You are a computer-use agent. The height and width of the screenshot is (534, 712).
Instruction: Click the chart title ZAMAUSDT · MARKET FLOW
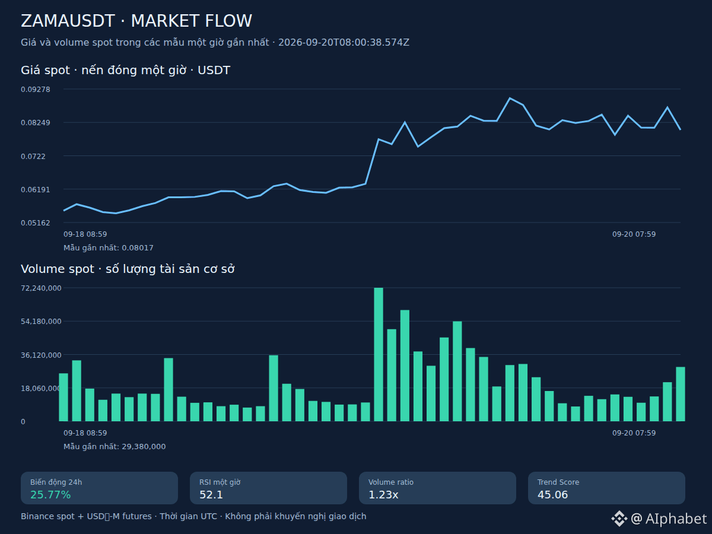click(136, 21)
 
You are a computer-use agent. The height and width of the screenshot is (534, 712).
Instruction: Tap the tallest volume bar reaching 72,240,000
click(379, 354)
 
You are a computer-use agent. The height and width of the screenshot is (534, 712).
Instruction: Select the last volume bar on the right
click(681, 394)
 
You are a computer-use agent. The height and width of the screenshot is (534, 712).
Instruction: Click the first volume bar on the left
click(63, 397)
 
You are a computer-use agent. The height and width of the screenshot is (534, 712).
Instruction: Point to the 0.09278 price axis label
click(36, 90)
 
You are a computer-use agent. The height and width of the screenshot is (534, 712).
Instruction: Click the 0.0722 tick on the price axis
click(33, 156)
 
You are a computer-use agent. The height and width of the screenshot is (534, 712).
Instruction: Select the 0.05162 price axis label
click(36, 223)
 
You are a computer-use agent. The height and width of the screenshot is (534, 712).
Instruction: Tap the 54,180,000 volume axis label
click(41, 322)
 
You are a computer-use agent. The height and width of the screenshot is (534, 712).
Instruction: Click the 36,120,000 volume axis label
click(41, 355)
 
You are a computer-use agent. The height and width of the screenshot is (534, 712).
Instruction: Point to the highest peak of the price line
click(510, 98)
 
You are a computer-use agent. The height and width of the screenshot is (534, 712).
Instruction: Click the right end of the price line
click(680, 130)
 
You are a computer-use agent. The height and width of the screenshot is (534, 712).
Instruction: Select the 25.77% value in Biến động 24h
click(50, 495)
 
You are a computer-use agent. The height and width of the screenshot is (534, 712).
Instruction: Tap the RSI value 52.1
click(211, 495)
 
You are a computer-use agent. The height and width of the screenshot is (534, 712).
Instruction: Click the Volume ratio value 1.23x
click(383, 495)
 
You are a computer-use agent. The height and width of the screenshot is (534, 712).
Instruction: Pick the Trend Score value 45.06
click(553, 495)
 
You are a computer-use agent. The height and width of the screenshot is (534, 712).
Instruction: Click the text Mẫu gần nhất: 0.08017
click(109, 248)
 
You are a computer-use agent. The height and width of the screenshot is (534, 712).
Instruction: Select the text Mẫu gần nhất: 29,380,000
click(115, 447)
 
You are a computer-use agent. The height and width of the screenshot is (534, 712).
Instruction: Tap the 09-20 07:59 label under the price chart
click(634, 234)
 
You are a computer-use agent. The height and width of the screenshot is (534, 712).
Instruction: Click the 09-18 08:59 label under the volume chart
click(85, 433)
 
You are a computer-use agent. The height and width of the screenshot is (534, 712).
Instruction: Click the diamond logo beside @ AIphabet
click(619, 519)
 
